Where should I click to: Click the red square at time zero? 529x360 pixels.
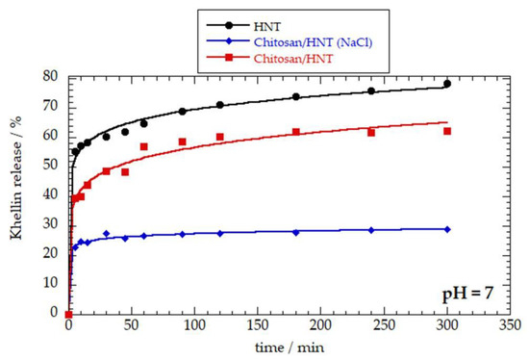pos(68,314)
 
